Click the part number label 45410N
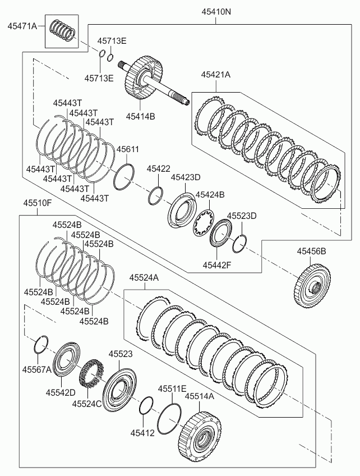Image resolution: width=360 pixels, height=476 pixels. [x=216, y=12]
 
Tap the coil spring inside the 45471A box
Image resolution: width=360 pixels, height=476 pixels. [x=62, y=30]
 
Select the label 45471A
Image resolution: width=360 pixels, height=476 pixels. [x=22, y=26]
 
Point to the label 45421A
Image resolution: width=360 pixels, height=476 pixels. [x=216, y=75]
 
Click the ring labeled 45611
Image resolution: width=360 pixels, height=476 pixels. [x=124, y=177]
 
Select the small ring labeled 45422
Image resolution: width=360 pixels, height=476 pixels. [x=156, y=196]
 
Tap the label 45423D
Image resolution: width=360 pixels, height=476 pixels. [x=186, y=177]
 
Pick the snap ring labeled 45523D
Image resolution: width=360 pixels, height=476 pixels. [x=239, y=244]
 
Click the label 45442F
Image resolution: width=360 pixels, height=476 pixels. [x=217, y=265]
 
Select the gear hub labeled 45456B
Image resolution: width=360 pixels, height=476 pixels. [x=312, y=286]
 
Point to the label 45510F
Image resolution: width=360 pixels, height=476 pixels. [x=38, y=203]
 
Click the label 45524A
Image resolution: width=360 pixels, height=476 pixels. [x=144, y=277]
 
